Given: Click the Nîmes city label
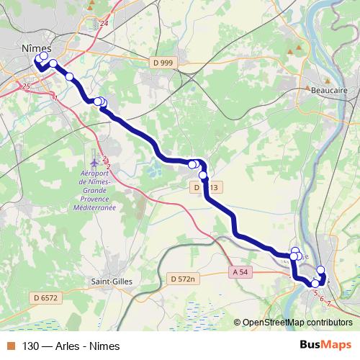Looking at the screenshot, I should [37, 45].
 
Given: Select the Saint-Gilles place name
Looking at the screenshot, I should [110, 281].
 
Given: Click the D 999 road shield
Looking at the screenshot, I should [163, 63].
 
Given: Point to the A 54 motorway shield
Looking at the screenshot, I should [243, 271].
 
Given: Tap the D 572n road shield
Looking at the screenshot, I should [184, 277].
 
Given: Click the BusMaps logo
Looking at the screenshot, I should [325, 345].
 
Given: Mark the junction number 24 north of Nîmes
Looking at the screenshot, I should [104, 24].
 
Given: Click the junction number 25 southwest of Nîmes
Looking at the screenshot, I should [27, 86].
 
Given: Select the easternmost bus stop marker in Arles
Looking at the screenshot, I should [321, 271].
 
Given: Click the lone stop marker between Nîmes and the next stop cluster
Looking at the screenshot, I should [70, 76].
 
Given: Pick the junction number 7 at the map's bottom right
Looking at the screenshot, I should [329, 303].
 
